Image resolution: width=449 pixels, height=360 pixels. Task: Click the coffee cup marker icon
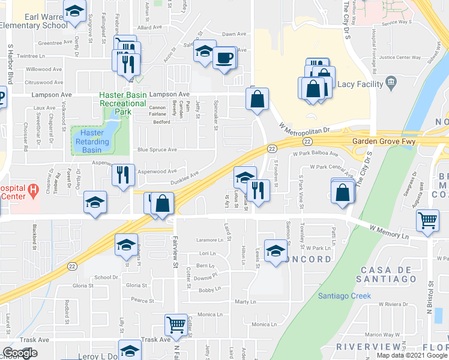coord(224,58)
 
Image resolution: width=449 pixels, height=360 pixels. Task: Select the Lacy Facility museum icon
coord(391,82)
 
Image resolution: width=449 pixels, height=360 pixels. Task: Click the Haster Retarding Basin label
coord(95,141)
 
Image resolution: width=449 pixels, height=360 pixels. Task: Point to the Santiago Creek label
coord(345,296)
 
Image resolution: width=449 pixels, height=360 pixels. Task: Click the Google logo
coord(20,353)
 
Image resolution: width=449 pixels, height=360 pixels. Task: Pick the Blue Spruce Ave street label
coord(157,149)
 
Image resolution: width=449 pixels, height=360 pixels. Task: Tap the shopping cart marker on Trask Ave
coord(176,325)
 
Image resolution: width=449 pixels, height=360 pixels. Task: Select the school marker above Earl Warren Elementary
coord(74,11)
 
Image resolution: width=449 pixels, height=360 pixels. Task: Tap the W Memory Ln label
coord(389,229)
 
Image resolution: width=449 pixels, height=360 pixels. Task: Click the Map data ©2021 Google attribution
coord(412,355)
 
